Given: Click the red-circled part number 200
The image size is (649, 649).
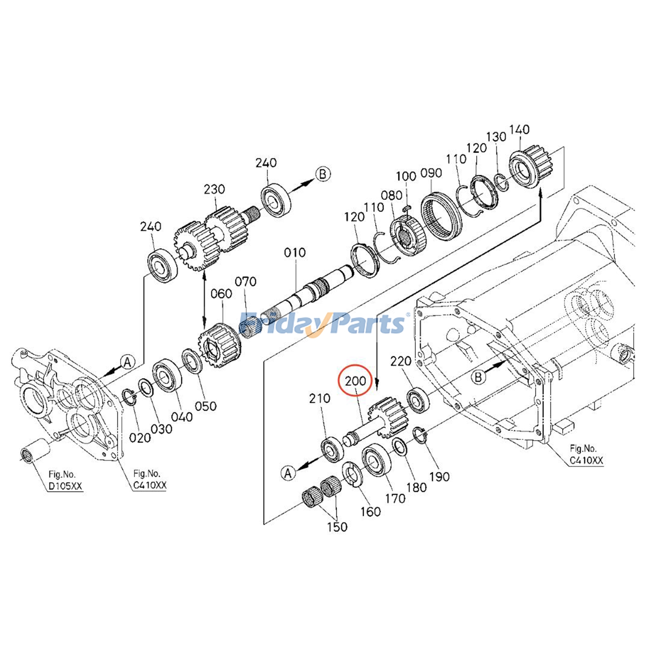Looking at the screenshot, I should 355,381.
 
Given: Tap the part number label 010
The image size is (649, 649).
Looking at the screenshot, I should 295,253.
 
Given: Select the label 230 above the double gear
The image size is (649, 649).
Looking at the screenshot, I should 214,189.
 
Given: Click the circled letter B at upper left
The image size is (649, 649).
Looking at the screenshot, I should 323,174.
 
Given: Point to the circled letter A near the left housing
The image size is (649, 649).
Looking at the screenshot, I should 128,362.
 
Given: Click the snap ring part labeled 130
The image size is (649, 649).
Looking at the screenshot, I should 502,181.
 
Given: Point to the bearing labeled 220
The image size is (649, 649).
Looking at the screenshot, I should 417,400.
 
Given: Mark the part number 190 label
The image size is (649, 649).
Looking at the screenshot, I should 440,476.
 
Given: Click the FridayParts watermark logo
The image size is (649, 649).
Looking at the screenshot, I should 322,323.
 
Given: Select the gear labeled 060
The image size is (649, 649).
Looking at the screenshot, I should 219,346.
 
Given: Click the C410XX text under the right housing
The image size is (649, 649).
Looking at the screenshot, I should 586,460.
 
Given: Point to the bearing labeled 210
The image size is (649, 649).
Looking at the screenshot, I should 332,449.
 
